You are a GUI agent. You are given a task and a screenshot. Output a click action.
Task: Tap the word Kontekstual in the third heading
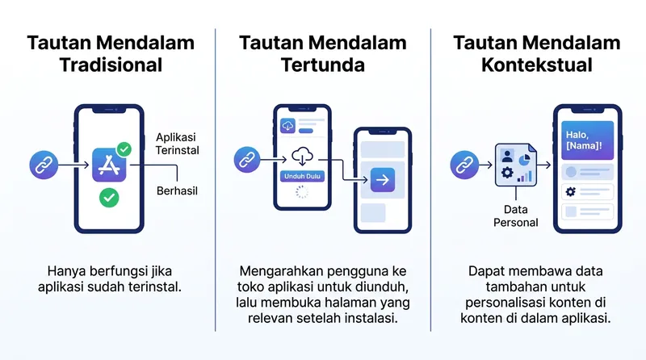(536, 65)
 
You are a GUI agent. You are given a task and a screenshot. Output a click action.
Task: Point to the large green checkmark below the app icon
(109, 197)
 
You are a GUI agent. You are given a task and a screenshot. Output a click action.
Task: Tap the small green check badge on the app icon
(124, 149)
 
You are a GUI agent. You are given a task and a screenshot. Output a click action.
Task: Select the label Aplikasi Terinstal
(177, 144)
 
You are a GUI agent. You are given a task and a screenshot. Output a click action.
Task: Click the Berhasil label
(177, 191)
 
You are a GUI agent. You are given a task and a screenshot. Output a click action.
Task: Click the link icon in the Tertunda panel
(247, 159)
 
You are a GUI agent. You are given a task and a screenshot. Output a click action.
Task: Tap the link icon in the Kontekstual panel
(464, 165)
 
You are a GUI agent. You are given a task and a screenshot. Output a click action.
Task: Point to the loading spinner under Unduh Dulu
(303, 192)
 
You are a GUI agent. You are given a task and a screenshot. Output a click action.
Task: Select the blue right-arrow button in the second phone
(383, 178)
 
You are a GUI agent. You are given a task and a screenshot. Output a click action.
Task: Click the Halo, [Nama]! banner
(585, 141)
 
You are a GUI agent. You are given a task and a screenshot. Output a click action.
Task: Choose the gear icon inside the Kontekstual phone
(570, 192)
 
